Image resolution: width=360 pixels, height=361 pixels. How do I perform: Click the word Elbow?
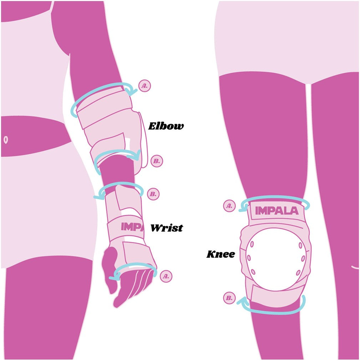(166, 126)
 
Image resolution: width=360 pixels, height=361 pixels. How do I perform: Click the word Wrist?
(167, 228)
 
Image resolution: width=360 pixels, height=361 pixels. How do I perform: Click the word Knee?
(220, 254)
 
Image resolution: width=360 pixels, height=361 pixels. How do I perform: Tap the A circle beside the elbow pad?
(144, 86)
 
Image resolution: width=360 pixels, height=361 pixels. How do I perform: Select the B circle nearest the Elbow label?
(157, 161)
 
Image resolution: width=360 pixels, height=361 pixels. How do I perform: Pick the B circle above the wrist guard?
(153, 194)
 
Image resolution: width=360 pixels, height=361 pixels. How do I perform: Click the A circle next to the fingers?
(166, 276)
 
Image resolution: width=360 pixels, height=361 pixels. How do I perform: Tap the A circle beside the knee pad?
(229, 206)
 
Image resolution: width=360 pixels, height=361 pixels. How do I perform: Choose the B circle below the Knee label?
(229, 298)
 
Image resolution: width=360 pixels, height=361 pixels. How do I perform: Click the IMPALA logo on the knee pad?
(277, 211)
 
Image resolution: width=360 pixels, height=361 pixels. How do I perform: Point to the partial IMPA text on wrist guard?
(132, 227)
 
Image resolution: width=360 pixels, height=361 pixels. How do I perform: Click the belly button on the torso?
(6, 140)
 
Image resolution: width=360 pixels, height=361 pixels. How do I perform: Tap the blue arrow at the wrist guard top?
(120, 184)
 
